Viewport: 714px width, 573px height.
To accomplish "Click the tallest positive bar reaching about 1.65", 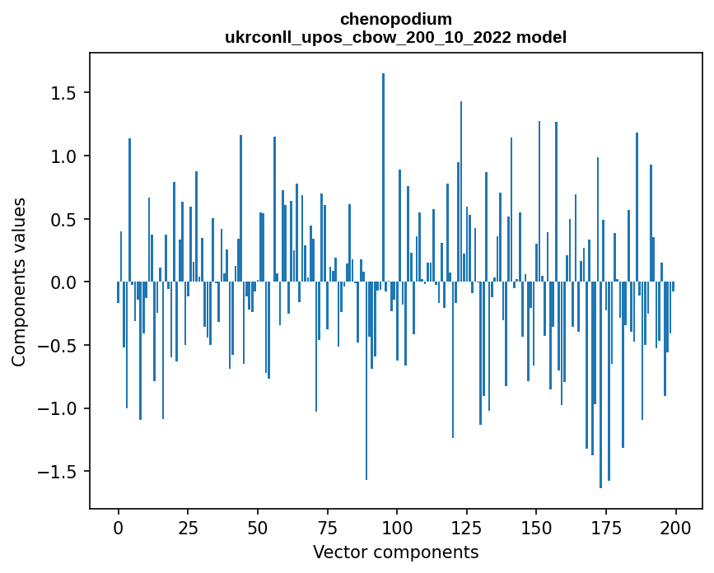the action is click(x=384, y=178).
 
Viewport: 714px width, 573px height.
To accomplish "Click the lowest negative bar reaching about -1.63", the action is click(x=600, y=385).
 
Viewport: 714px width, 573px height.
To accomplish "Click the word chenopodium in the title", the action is click(x=396, y=20).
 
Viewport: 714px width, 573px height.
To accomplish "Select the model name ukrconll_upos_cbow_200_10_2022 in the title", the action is click(x=368, y=37).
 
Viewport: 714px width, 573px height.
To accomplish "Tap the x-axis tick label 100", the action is click(x=397, y=529).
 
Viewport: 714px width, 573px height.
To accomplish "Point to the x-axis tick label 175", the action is click(x=606, y=529).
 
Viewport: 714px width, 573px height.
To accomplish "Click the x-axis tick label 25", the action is click(x=188, y=529).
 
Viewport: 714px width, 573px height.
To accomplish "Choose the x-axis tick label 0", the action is click(x=119, y=529).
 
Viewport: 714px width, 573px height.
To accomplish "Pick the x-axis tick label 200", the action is click(x=675, y=529).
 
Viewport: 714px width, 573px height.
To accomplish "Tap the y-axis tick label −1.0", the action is click(x=58, y=408).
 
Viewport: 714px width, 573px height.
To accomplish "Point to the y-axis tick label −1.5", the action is click(x=58, y=472).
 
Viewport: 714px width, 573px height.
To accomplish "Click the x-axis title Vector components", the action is click(x=395, y=552).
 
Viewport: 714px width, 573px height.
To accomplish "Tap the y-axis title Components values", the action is click(x=19, y=282).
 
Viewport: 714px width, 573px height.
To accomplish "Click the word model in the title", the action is click(x=541, y=37).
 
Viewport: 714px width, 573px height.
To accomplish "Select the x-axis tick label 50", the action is click(x=258, y=529).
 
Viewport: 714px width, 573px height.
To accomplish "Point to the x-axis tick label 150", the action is click(x=536, y=529).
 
